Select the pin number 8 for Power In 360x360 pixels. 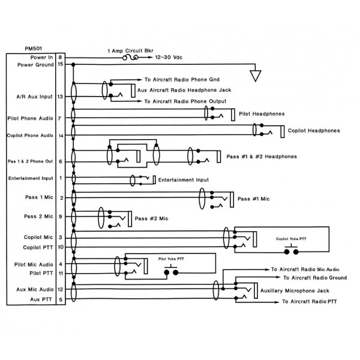pyautogui.click(x=61, y=56)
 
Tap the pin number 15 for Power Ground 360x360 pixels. pyautogui.click(x=61, y=64)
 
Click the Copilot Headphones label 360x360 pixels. pyautogui.click(x=314, y=130)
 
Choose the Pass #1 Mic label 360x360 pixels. pyautogui.click(x=254, y=198)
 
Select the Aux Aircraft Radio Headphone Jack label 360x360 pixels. pyautogui.click(x=180, y=90)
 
